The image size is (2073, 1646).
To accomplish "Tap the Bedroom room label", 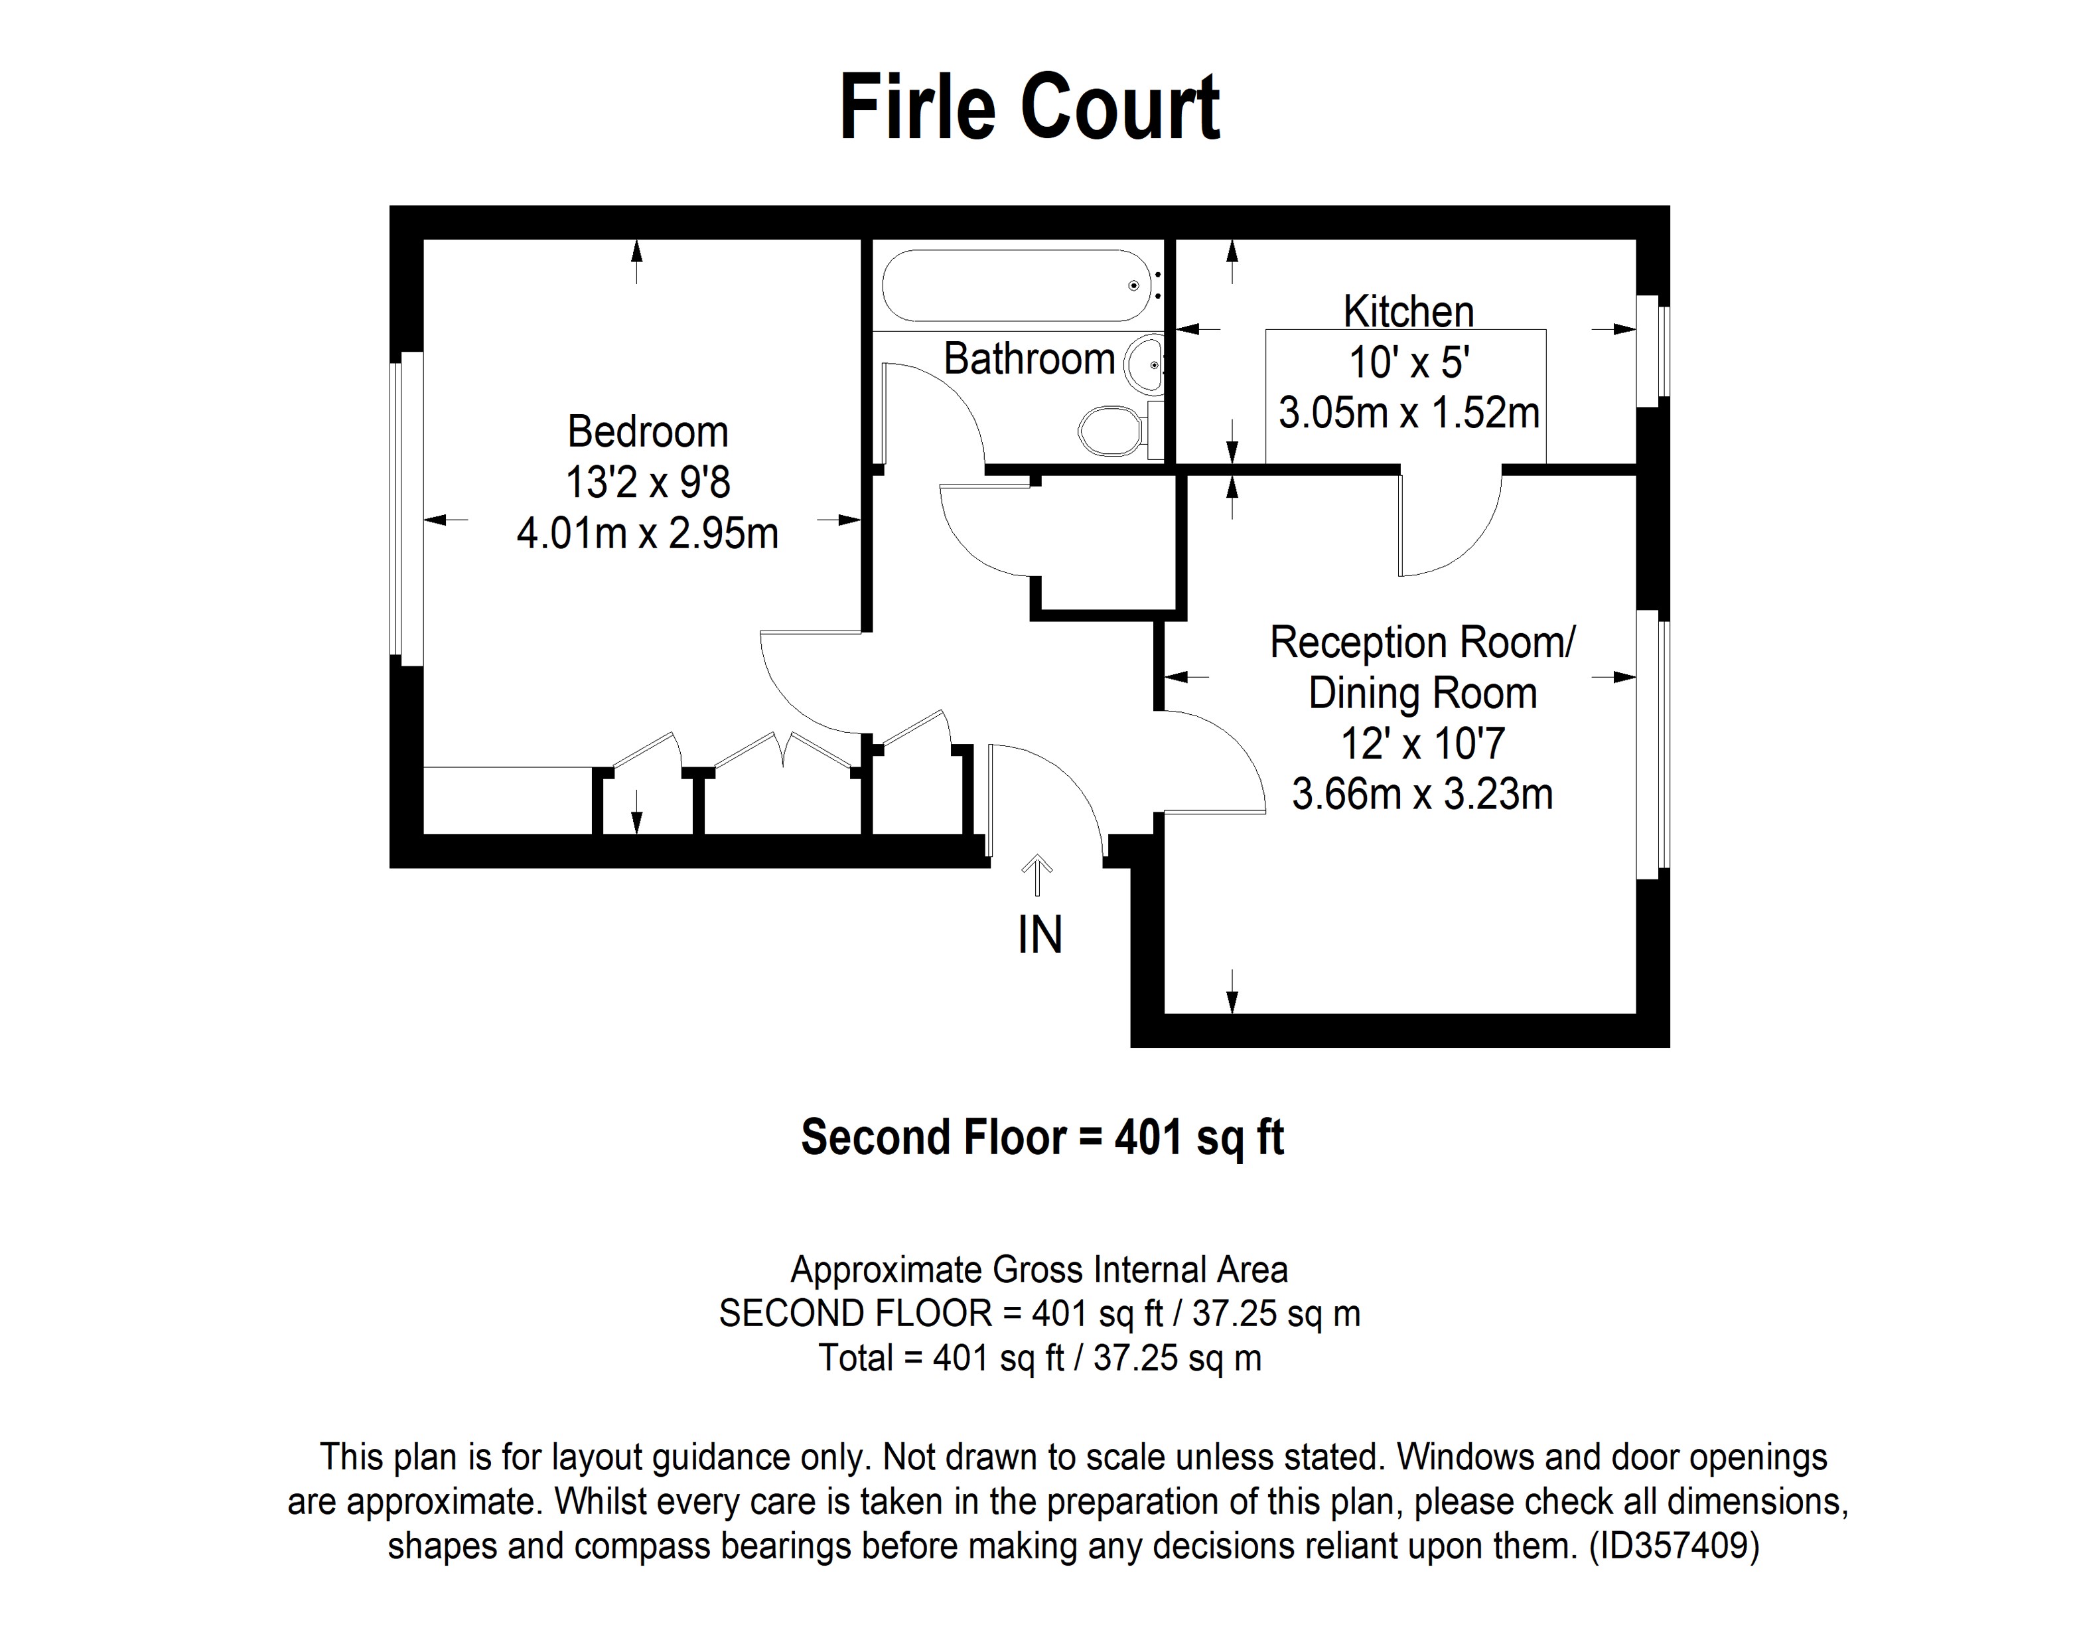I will (647, 431).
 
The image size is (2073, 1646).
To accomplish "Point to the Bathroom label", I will (1029, 360).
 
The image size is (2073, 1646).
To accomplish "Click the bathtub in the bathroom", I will (1015, 285).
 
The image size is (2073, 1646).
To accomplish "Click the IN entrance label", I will (1039, 935).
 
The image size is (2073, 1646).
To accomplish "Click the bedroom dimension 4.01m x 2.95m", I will (647, 534).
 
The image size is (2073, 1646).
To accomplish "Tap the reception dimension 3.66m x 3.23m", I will (1422, 795).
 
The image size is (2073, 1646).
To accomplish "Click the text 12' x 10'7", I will (1422, 744).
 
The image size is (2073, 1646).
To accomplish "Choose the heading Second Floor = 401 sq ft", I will (1042, 1138).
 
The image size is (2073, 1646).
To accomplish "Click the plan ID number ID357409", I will (1673, 1545).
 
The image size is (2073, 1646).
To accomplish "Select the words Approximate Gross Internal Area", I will (1038, 1270).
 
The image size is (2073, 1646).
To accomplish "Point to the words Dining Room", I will (1422, 693).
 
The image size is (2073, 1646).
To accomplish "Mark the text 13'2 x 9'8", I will (647, 483).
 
